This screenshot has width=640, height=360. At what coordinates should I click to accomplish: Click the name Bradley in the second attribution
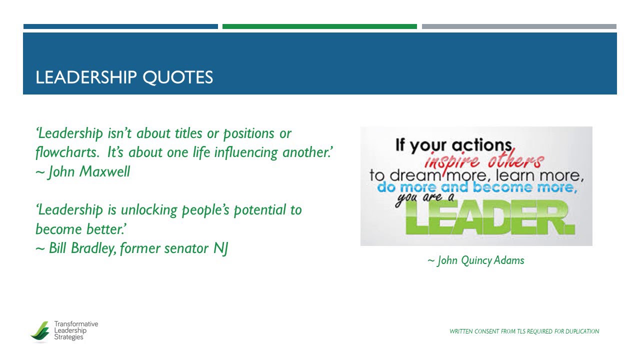[x=96, y=248]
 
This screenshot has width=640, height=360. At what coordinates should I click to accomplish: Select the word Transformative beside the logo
[x=76, y=324]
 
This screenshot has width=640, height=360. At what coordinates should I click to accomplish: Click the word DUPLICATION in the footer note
[x=582, y=331]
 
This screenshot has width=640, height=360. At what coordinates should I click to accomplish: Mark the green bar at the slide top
[x=319, y=26]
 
